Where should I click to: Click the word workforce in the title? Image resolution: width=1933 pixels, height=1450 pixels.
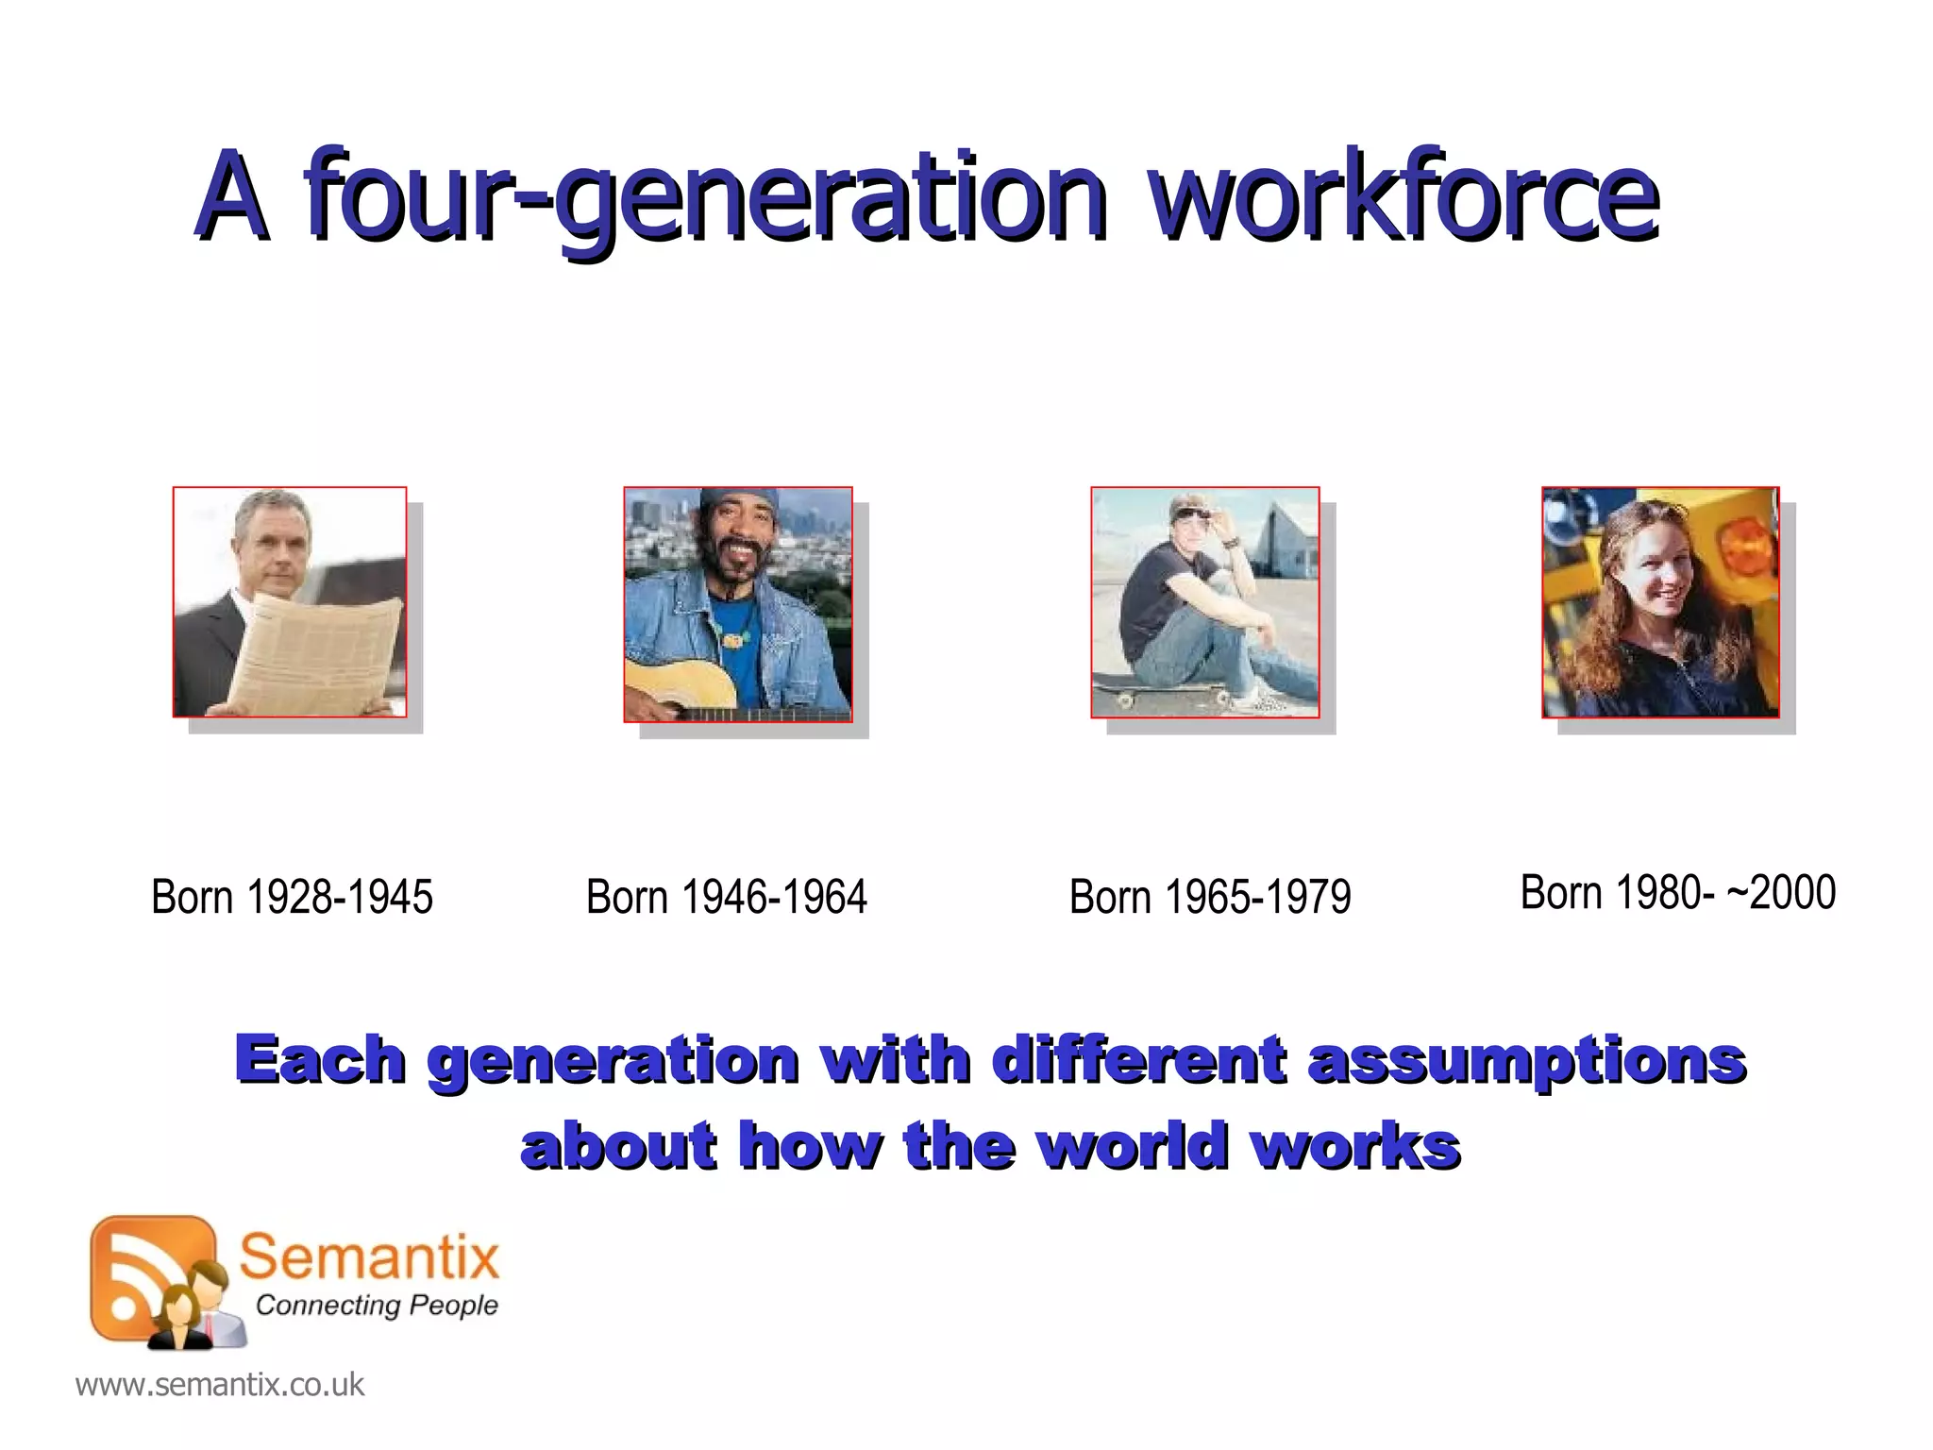(1404, 196)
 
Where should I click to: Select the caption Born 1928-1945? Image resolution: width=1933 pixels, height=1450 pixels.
(292, 897)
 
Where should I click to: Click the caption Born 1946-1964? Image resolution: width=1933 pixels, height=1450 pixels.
(726, 897)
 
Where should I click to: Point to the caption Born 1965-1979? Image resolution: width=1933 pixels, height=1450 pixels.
(1209, 897)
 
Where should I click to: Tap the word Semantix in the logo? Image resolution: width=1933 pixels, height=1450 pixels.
(368, 1257)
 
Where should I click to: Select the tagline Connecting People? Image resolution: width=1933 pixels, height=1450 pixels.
(376, 1306)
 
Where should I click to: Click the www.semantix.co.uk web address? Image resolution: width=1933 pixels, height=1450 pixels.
(219, 1385)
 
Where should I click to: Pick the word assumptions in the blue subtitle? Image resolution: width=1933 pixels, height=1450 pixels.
(1526, 1060)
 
